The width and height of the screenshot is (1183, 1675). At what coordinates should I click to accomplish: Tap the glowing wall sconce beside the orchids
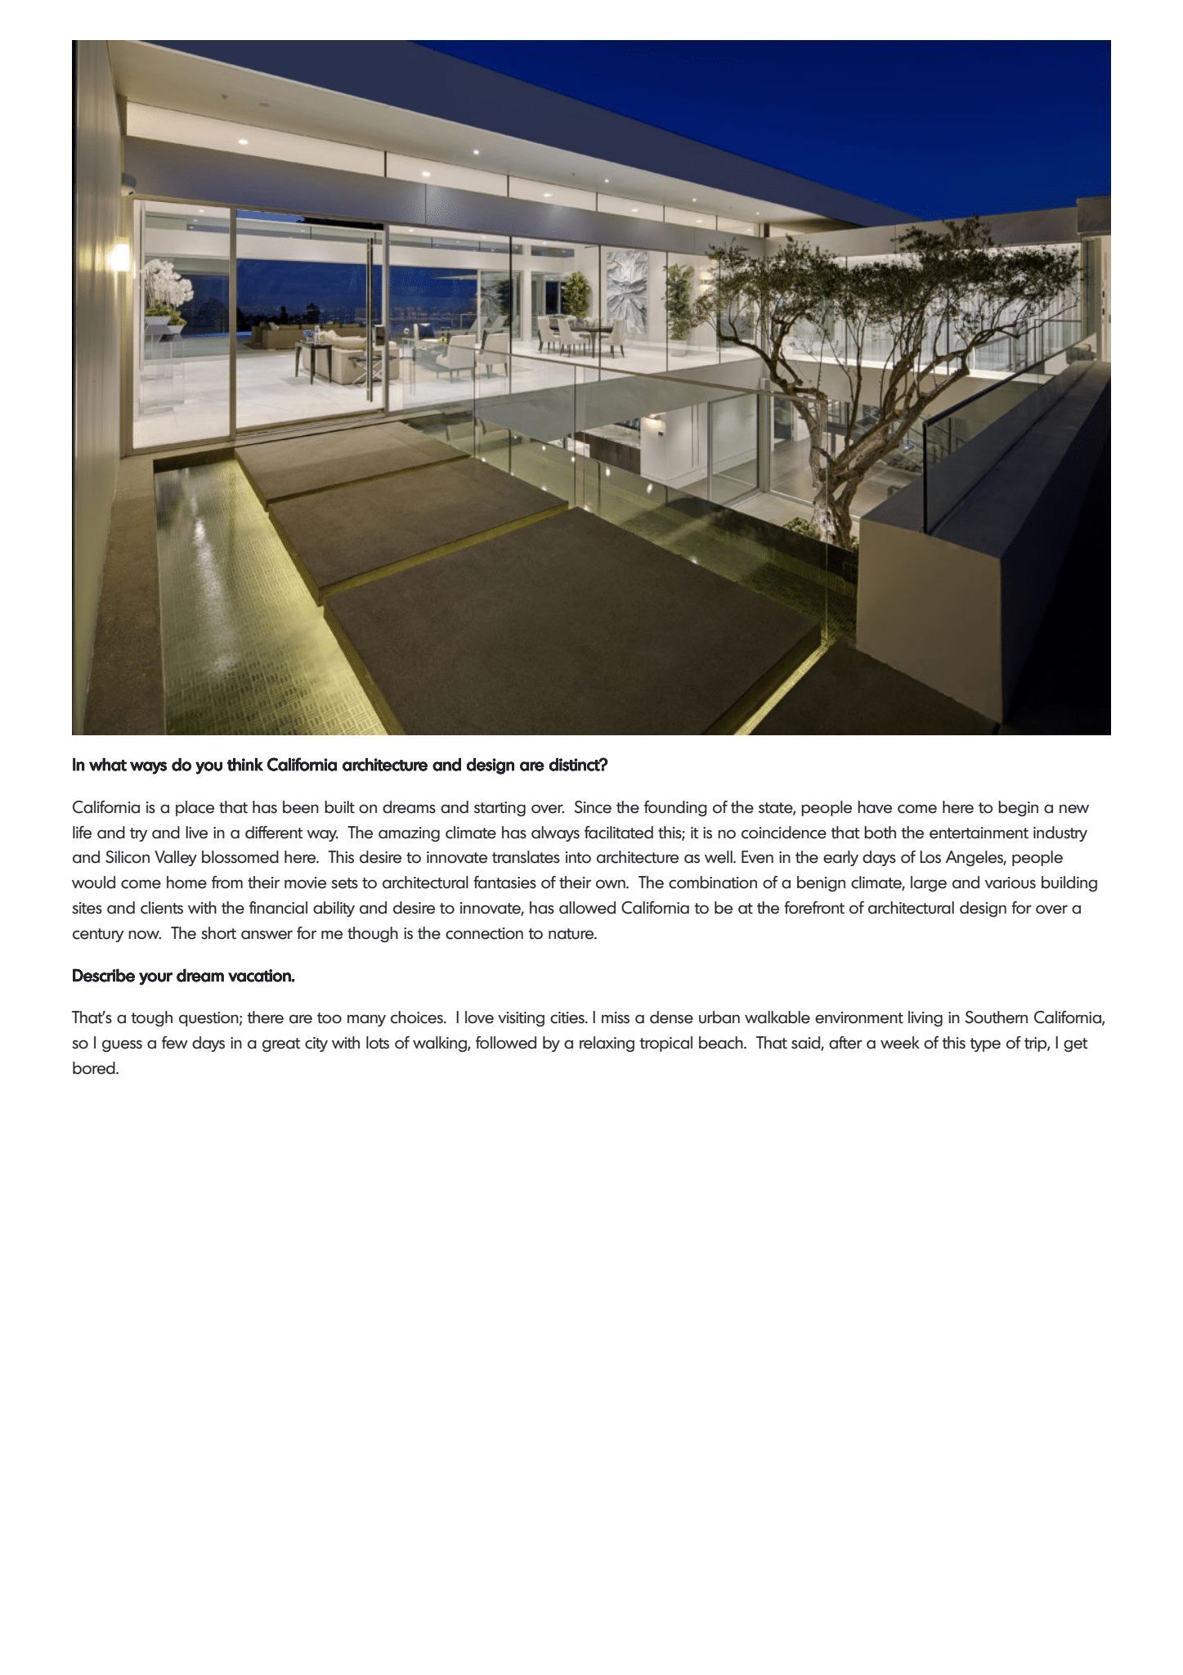click(119, 254)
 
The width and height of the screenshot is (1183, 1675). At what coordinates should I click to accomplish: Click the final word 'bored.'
click(96, 1069)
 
